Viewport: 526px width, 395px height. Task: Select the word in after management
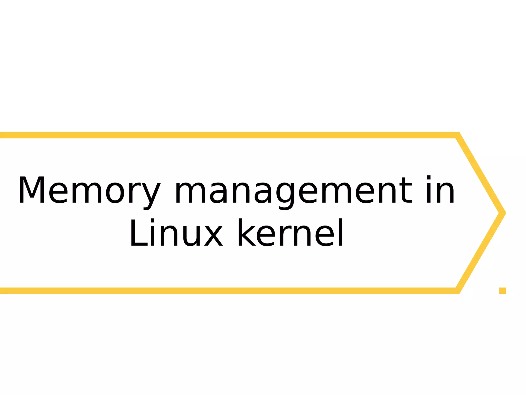(x=440, y=190)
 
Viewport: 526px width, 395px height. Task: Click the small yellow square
(x=502, y=291)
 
